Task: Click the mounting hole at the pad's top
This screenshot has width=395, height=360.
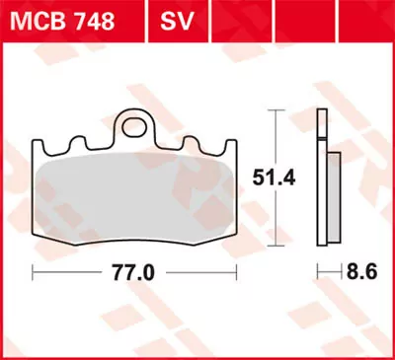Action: pyautogui.click(x=136, y=127)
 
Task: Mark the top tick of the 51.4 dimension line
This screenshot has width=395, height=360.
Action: pyautogui.click(x=275, y=110)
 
